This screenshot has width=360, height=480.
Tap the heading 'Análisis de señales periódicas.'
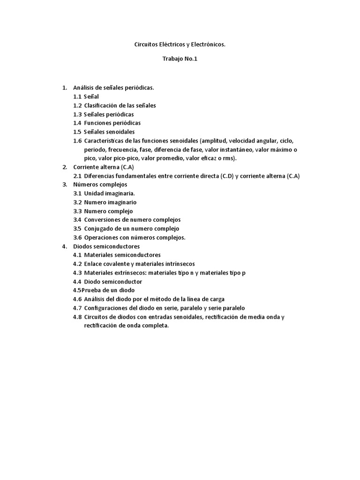[113, 87]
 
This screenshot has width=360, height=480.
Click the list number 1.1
[77, 97]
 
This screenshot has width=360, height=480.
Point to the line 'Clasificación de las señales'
[120, 105]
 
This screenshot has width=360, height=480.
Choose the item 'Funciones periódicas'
[112, 123]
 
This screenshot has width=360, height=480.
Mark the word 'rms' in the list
[229, 158]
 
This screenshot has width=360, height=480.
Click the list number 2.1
[77, 176]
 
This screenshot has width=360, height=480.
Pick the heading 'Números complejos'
[100, 185]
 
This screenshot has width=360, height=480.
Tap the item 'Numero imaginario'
[110, 202]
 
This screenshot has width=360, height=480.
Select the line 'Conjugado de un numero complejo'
[132, 229]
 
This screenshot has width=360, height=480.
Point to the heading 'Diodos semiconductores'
[106, 246]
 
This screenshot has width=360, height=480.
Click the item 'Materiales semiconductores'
[122, 255]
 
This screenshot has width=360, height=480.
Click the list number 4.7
[77, 308]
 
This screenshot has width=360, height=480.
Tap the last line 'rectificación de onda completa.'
[123, 325]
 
